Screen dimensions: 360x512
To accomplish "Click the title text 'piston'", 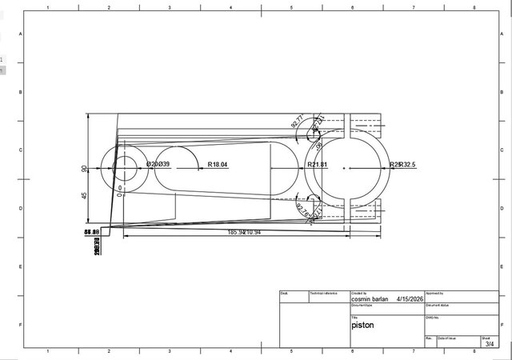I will click(x=362, y=326).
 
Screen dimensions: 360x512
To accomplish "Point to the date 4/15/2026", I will click(x=408, y=300).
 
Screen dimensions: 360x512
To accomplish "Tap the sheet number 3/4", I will click(x=490, y=343).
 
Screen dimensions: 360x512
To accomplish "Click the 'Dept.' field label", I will click(x=284, y=294).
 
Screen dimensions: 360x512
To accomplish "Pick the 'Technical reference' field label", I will click(x=324, y=294).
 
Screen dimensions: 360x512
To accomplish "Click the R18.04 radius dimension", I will click(x=218, y=165).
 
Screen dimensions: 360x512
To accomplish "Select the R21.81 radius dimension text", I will click(x=318, y=165).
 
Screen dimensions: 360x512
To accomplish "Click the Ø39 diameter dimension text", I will click(x=163, y=165).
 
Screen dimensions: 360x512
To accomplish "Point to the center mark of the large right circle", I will click(x=344, y=168).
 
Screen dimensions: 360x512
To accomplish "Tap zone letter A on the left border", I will click(x=21, y=34).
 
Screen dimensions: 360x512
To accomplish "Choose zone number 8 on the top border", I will click(x=474, y=7).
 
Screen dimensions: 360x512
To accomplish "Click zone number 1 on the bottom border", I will click(x=49, y=352).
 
